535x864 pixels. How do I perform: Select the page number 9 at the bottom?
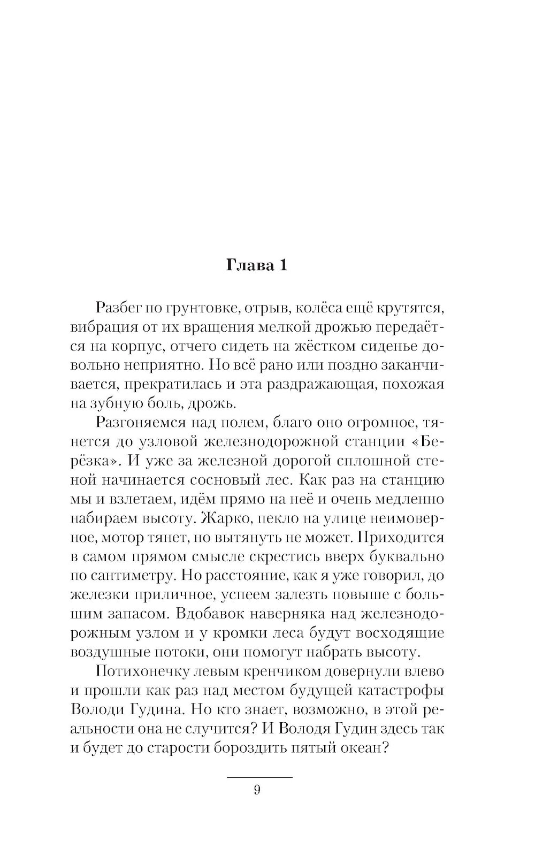(x=257, y=790)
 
